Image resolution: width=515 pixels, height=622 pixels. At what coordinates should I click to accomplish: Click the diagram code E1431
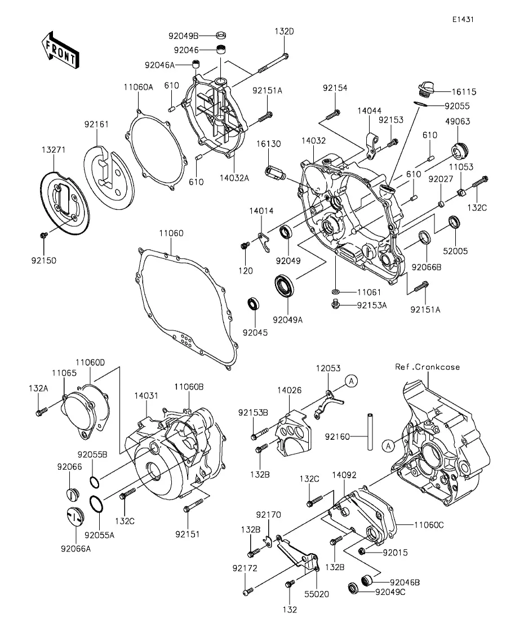[462, 19]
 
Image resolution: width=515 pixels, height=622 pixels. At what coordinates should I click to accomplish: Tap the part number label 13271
[53, 151]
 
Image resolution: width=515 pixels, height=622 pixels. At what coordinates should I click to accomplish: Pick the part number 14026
[289, 389]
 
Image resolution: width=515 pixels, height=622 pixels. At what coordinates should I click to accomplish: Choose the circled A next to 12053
[350, 381]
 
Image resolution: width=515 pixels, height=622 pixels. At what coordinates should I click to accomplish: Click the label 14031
[145, 396]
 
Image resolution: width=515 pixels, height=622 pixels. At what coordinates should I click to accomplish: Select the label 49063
[458, 121]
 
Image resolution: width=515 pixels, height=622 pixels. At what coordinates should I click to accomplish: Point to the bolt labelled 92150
[43, 235]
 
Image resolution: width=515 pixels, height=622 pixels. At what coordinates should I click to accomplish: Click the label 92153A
[372, 305]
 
